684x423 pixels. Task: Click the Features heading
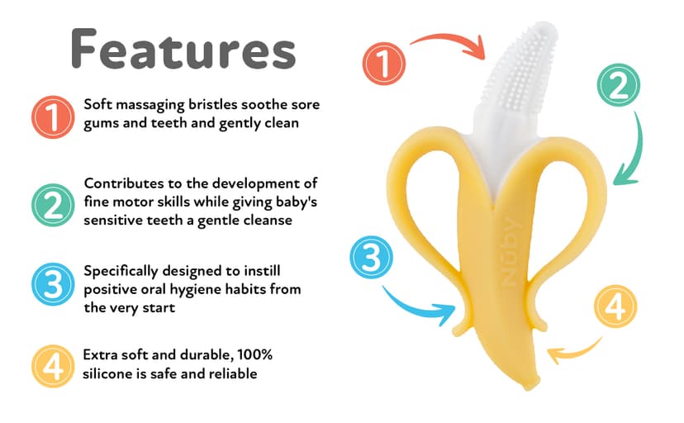183,49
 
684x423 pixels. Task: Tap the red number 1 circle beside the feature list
52,116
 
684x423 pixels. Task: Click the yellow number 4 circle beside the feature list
52,365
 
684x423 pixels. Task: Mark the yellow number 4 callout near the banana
615,308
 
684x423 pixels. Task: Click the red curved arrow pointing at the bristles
450,43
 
